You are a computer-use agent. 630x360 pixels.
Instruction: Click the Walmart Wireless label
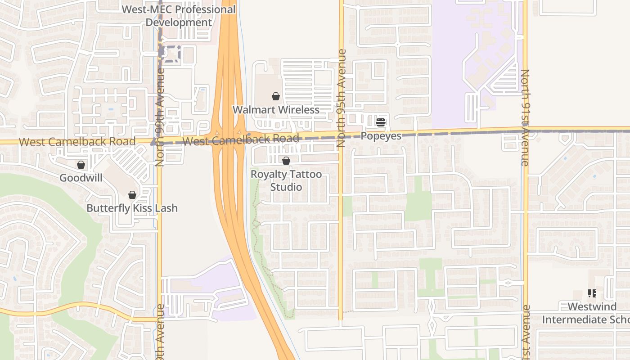[x=276, y=110]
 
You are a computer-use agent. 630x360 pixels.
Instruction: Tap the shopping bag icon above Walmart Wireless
[x=276, y=96]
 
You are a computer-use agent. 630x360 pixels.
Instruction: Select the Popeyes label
[x=381, y=136]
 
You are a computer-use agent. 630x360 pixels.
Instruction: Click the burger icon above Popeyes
[x=381, y=122]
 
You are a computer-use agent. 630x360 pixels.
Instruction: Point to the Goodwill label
[x=81, y=178]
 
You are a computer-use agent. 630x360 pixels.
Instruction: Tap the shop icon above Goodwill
[x=81, y=165]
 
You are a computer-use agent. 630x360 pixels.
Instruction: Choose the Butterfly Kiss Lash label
[x=132, y=208]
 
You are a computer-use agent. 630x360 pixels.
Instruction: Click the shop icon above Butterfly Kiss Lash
[x=132, y=195]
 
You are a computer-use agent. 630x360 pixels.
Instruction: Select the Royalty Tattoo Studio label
[x=286, y=180]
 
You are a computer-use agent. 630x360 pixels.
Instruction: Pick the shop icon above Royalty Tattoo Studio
[x=286, y=161]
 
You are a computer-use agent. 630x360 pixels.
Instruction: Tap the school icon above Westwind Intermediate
[x=592, y=293]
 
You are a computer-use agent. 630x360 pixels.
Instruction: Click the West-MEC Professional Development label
[x=179, y=16]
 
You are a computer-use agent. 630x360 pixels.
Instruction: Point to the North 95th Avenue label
[x=341, y=98]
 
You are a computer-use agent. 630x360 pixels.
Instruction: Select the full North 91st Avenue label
[x=525, y=118]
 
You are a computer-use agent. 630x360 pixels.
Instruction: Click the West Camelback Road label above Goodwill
[x=77, y=142]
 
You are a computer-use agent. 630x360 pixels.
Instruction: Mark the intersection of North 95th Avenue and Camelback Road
[x=341, y=136]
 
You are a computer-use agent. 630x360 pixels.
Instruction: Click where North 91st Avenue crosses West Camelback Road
[x=525, y=130]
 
